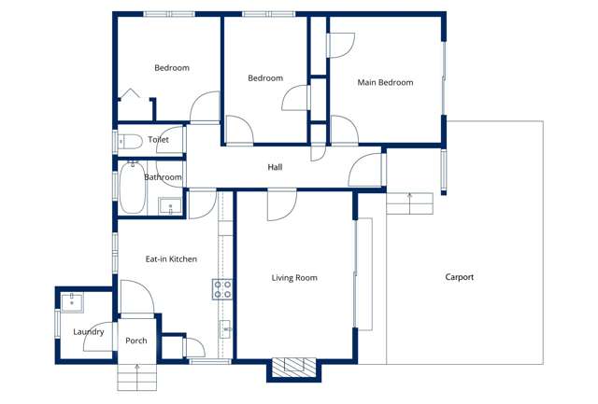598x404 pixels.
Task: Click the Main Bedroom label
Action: coord(385,83)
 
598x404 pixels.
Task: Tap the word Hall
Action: coord(275,168)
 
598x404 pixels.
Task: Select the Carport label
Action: coord(459,277)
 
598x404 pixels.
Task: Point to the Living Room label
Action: coord(294,278)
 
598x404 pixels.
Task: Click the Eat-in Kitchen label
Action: coord(171,258)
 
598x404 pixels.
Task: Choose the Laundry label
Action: coord(89,332)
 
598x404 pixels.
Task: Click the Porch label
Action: coord(136,341)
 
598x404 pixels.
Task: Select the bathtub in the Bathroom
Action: coord(131,189)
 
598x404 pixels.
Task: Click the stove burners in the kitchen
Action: coord(222,289)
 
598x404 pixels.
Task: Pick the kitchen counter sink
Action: coord(225,328)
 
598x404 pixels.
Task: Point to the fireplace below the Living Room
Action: coord(294,368)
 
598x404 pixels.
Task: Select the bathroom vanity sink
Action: coord(169,207)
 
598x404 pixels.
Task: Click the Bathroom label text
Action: coord(163,177)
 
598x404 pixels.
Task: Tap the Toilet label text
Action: coord(158,140)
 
